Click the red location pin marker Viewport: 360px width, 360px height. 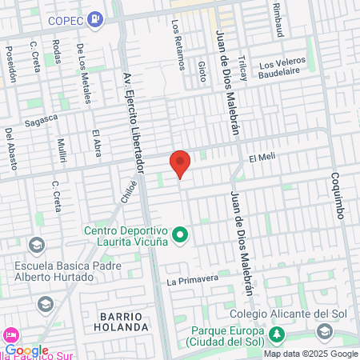[x=180, y=163]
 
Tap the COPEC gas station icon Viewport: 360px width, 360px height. [x=96, y=17]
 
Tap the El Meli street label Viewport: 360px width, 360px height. [x=262, y=158]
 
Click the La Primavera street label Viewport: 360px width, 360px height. [x=193, y=280]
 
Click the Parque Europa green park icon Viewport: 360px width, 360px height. [x=277, y=333]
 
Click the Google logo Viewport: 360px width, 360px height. [x=26, y=350]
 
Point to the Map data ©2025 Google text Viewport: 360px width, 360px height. [x=311, y=354]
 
